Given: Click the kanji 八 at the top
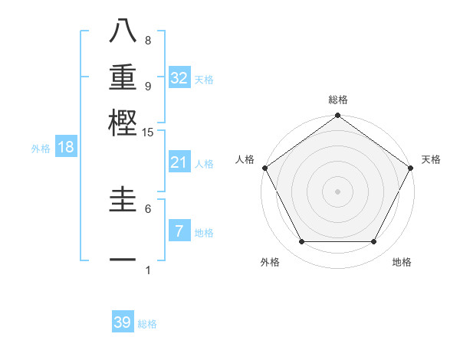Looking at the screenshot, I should tap(123, 31).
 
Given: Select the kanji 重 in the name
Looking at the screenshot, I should tap(123, 77).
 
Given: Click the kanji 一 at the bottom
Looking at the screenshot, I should tap(123, 259).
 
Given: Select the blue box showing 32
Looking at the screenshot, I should tap(179, 78).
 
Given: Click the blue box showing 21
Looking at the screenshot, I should tap(179, 162).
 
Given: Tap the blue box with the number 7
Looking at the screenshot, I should tap(179, 231).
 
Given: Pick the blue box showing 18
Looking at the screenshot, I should tap(66, 148).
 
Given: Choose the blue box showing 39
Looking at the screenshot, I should tap(123, 322).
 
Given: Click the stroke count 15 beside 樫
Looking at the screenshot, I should tap(148, 133).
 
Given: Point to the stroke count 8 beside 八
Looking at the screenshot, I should tap(148, 40).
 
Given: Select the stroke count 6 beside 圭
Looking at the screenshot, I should tap(148, 208).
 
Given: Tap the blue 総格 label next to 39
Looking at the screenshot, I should tap(147, 324).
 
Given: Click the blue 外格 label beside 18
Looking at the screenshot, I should tap(41, 149).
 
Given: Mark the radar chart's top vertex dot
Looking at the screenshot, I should tap(337, 116).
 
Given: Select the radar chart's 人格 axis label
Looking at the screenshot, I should tap(245, 159).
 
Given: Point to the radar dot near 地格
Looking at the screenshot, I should tap(374, 242).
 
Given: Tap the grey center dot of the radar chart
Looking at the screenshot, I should tap(337, 191).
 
